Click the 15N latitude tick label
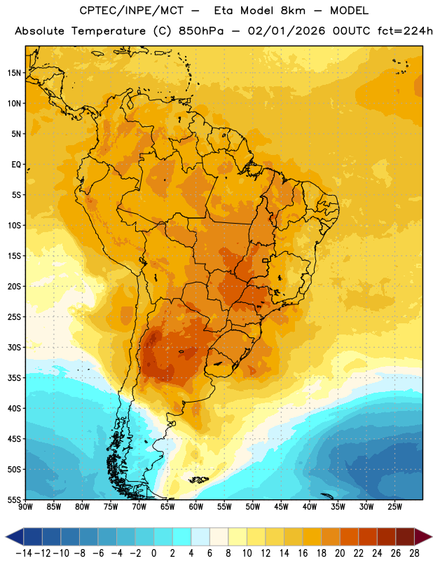[14, 73]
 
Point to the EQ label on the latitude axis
[16, 165]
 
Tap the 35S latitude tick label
[14, 378]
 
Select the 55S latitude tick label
[14, 500]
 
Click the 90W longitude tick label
[25, 507]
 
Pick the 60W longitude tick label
[196, 507]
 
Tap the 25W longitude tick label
[394, 507]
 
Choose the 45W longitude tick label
[281, 507]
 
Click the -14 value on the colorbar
[24, 553]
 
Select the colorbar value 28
[414, 553]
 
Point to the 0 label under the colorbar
[153, 553]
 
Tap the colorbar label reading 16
[303, 553]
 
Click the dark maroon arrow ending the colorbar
[422, 536]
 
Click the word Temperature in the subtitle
[109, 31]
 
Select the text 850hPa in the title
[201, 31]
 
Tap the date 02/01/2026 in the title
[287, 31]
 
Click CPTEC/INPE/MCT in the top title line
[132, 11]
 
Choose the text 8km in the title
[293, 11]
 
